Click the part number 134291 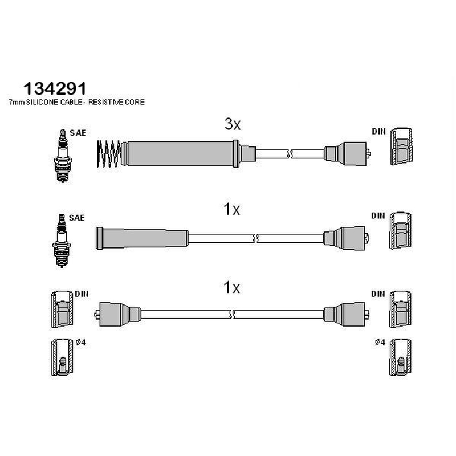(55, 88)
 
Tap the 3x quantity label (233, 124)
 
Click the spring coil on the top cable (109, 154)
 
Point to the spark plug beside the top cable (62, 156)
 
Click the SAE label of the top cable (78, 133)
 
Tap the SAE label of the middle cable (77, 218)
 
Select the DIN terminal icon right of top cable (401, 146)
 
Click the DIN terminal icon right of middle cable (401, 231)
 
